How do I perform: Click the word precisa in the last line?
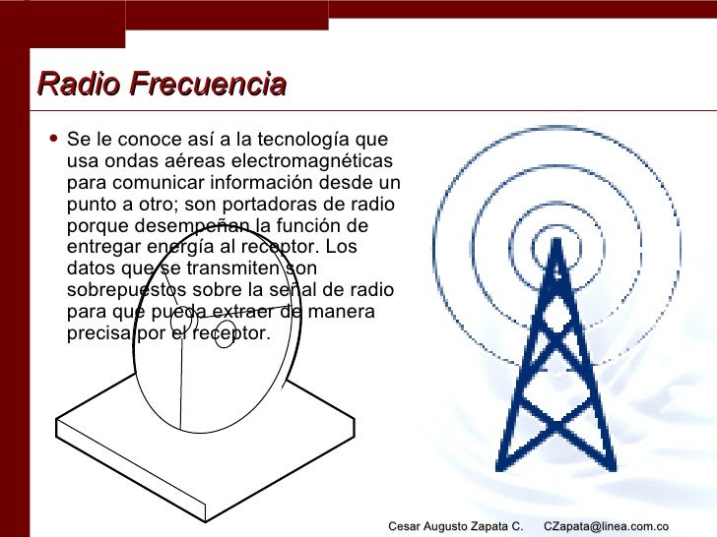click(97, 333)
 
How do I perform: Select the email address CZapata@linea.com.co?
click(606, 527)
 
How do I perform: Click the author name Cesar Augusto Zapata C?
click(455, 527)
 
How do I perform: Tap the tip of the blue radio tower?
click(557, 242)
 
